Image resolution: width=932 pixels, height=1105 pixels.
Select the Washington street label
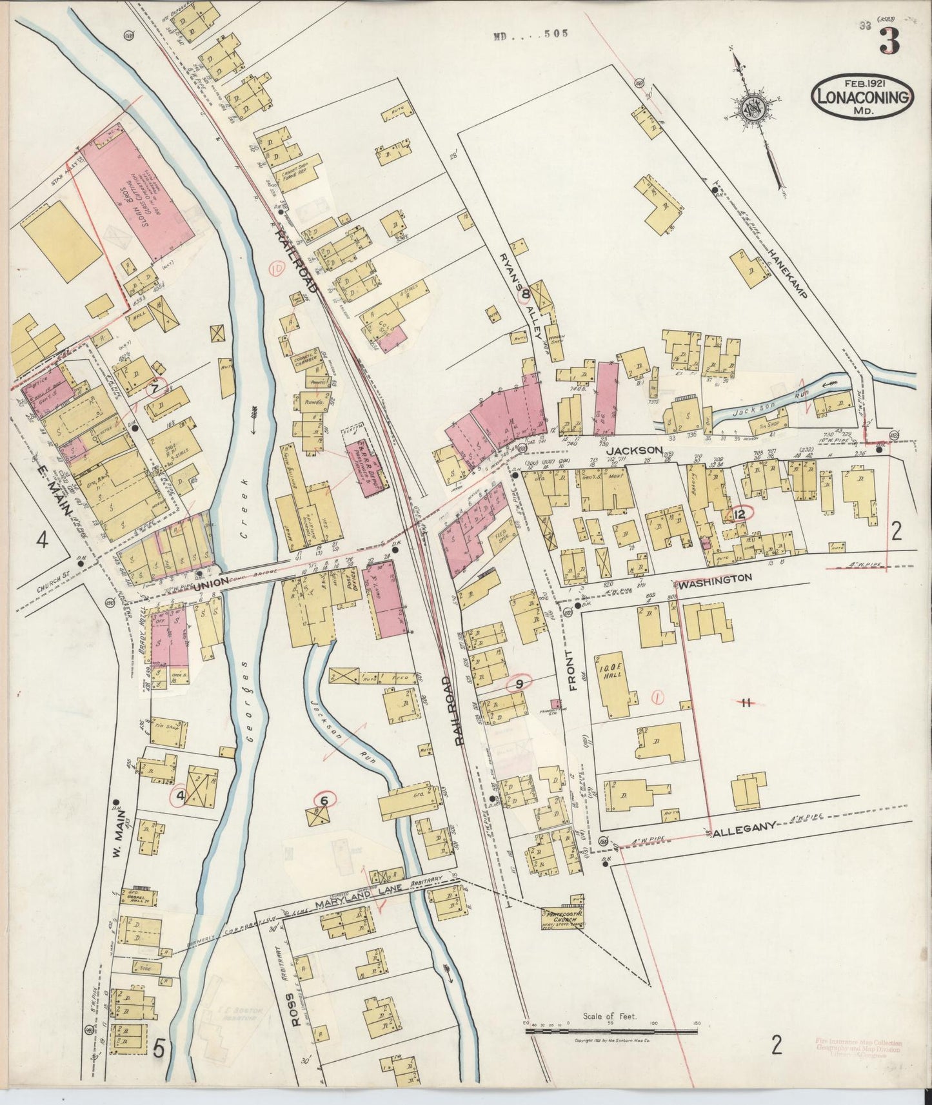[715, 578]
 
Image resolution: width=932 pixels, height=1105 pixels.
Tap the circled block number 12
[739, 514]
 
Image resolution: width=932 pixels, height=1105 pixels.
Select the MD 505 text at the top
[530, 35]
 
